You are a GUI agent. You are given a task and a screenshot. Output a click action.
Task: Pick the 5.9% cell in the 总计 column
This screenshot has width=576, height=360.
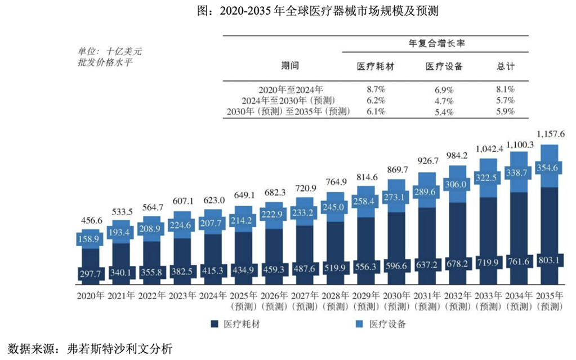[506, 111]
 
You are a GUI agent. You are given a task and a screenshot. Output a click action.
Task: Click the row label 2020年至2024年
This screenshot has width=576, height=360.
[291, 90]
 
